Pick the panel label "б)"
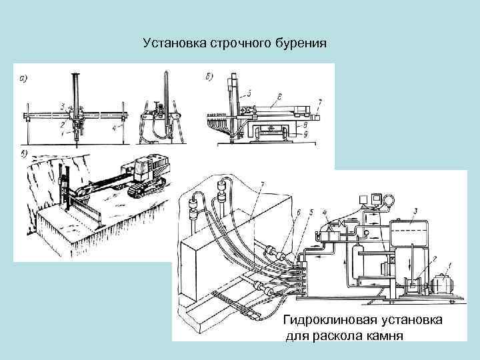(x=209, y=77)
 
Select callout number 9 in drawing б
(x=305, y=135)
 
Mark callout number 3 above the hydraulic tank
(x=416, y=213)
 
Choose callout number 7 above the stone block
(x=263, y=184)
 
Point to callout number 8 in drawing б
(x=304, y=124)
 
